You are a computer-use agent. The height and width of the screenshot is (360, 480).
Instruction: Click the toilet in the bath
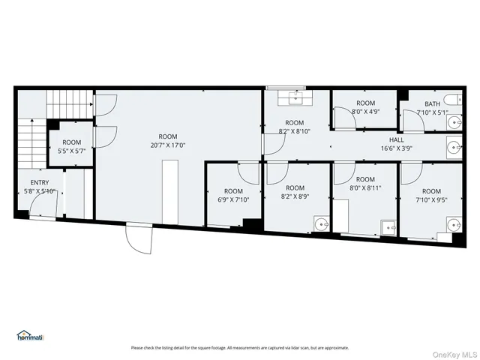click(451, 99)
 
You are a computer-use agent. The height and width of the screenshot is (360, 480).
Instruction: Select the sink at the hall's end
click(453, 147)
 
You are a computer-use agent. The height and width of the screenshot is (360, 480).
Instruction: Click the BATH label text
click(432, 104)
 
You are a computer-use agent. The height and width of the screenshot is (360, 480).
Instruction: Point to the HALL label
click(396, 140)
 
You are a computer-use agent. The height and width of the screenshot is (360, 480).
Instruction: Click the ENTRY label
click(40, 182)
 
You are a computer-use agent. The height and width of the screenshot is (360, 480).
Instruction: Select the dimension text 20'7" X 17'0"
click(167, 145)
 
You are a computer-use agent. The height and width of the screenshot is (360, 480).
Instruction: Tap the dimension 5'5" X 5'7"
click(71, 151)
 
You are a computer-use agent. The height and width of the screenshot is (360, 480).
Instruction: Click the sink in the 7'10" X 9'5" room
click(453, 223)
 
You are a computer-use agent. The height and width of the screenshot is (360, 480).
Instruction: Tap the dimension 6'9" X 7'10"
click(233, 199)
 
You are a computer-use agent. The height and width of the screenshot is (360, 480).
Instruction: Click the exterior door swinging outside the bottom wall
click(136, 239)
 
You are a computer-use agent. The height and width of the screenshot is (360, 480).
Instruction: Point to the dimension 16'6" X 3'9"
click(396, 148)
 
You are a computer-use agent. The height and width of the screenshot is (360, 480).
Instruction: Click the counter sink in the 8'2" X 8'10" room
click(293, 97)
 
